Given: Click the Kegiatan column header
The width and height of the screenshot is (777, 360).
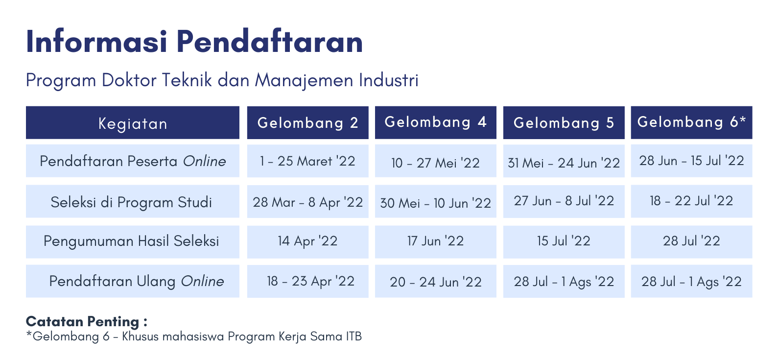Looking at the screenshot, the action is point(133,123).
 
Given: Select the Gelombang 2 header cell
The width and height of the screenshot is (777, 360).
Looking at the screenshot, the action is point(307,123).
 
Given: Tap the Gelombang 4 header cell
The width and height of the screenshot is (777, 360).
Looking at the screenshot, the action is point(436,123).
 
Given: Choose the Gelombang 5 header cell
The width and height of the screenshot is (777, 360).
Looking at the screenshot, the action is point(564,123).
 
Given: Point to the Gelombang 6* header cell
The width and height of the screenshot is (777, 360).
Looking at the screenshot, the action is point(692,123).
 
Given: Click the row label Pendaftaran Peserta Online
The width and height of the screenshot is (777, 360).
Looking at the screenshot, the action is point(133,161).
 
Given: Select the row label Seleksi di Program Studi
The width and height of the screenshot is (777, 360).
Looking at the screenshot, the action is point(133,202).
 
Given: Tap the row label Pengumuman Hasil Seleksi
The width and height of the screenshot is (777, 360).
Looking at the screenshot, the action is point(133,241).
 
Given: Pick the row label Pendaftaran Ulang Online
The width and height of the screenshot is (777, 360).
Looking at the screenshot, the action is point(133,281).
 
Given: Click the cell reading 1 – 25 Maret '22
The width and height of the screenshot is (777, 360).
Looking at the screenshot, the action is point(307,161).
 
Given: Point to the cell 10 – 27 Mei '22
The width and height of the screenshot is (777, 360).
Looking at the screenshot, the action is point(436,161).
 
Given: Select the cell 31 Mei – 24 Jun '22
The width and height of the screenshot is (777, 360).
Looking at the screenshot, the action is point(564,161).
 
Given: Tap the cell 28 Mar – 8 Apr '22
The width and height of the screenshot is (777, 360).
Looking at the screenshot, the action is point(307,202).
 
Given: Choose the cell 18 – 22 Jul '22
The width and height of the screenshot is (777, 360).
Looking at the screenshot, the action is point(692,202).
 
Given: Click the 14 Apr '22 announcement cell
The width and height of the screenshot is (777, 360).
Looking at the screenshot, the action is point(307,241).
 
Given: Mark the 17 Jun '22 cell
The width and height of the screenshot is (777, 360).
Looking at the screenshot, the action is point(436,241).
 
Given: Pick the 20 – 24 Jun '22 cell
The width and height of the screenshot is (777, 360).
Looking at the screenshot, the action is point(436,281).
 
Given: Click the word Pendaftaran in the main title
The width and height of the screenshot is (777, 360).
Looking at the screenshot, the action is point(269,42).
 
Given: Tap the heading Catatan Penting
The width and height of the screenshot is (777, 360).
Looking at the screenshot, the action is point(86,321).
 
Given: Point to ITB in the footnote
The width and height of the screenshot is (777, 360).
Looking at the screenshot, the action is point(353,336).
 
